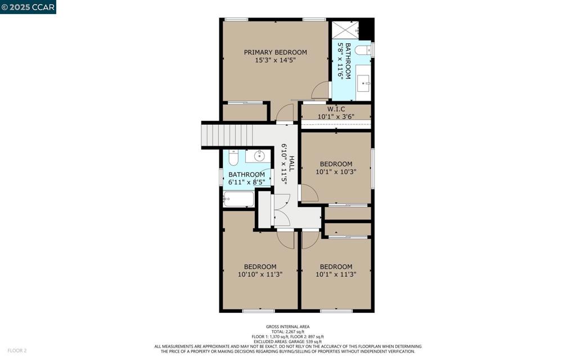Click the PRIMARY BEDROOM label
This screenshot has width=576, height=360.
275,52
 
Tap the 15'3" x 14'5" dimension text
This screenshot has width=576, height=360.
275,60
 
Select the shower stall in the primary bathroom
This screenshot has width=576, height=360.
345,30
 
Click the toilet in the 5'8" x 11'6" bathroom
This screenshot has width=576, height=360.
363,50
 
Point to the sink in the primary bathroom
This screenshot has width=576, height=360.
364,83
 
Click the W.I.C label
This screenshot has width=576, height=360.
336,109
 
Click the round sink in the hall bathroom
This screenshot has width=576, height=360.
259,156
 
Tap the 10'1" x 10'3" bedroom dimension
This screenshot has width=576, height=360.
336,172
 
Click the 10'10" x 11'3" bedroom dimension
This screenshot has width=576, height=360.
260,274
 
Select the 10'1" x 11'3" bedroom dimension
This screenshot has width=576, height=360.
336,274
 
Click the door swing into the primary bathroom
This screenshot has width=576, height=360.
321,91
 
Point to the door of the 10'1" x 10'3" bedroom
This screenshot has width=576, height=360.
309,193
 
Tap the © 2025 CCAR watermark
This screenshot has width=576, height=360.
28,7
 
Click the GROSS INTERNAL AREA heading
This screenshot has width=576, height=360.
287,327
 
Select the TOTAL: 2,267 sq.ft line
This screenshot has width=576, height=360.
287,332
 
